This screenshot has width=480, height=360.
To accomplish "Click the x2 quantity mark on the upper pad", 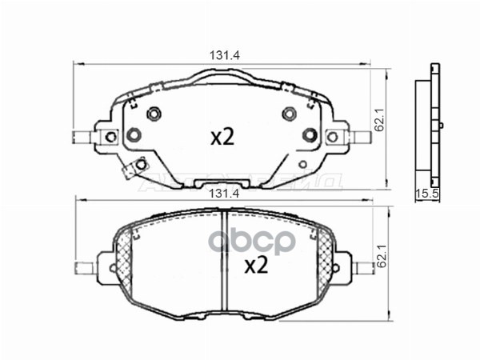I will (222, 138).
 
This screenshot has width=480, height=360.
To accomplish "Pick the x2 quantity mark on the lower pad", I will (254, 266).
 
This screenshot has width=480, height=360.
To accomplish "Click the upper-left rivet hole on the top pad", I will (154, 112).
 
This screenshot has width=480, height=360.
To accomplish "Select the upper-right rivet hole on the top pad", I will (288, 112).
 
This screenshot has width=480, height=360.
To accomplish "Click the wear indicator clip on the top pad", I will (131, 168).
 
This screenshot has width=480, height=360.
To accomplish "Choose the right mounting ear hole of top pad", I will (341, 135).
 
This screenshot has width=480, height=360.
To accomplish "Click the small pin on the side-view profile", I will (440, 125).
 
